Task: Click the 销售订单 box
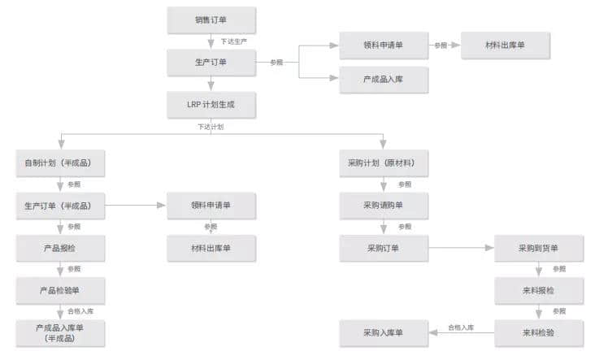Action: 211,20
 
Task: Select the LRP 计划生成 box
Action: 211,104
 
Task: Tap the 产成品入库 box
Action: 384,79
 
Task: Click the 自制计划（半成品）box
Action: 60,164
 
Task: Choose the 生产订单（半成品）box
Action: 60,206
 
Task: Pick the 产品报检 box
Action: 60,248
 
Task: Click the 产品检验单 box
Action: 60,290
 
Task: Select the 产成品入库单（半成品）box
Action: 60,332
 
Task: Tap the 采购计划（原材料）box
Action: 384,164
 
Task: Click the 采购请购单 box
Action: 384,206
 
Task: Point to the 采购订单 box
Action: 384,248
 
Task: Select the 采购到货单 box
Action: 538,248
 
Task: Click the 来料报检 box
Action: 538,290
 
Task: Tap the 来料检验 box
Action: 538,332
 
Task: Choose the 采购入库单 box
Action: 384,332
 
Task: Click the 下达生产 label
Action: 233,41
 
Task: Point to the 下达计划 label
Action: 211,127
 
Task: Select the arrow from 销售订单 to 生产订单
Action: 211,41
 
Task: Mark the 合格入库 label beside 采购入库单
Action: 461,327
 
